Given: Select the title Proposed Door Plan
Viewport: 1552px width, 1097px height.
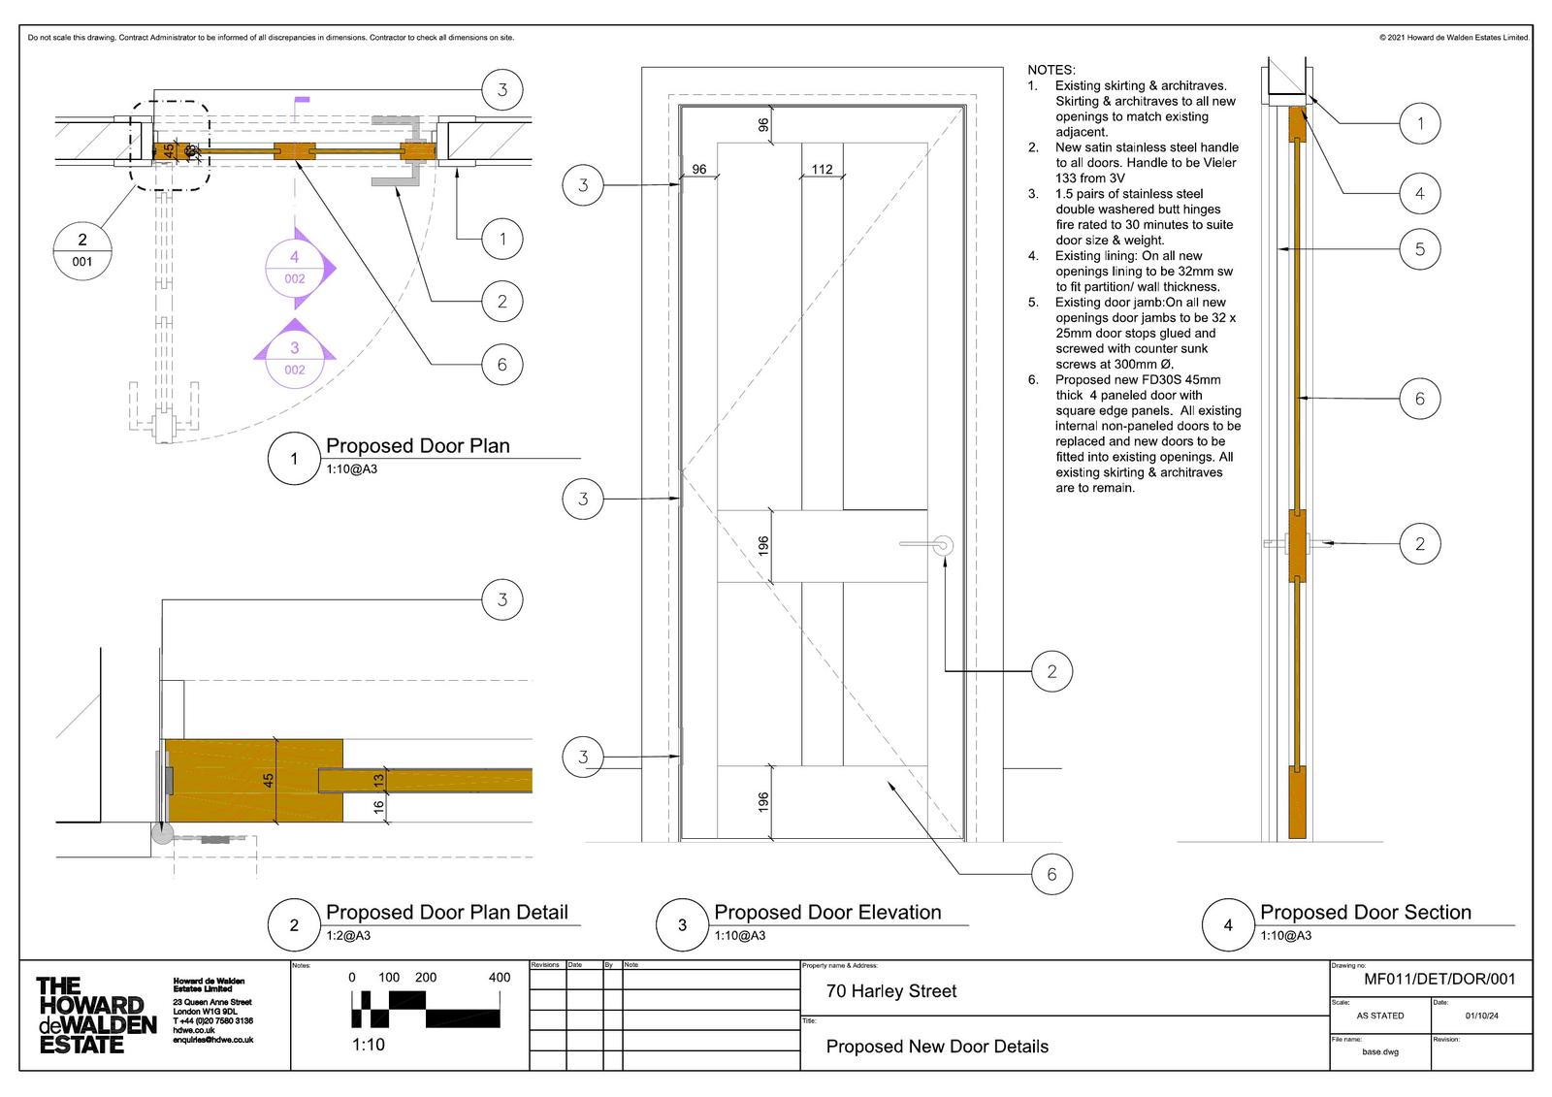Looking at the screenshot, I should point(417,446).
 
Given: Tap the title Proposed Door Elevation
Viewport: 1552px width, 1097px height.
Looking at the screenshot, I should point(827,913).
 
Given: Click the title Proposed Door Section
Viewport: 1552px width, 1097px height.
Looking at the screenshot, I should point(1365,913).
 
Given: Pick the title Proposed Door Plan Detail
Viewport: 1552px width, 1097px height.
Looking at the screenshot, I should point(446,913).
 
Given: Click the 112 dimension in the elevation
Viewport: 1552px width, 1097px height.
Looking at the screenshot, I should point(822,169).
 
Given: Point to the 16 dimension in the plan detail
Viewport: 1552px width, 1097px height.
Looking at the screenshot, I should point(379,804).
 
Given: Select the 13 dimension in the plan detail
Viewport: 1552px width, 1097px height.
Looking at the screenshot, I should point(379,779).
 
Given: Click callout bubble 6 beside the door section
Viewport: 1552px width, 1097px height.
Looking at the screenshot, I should point(1420,399).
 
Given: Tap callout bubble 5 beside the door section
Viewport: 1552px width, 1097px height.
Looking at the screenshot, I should point(1420,249).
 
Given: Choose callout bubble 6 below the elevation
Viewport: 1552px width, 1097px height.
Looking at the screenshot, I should point(1051,875).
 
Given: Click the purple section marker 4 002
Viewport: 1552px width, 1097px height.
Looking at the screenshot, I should point(295,268).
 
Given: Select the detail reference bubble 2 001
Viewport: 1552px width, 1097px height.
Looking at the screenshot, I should point(82,249).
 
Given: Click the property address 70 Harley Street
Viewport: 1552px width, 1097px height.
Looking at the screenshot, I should point(890,991).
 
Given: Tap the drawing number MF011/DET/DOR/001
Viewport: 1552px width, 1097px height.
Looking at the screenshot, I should point(1439,980).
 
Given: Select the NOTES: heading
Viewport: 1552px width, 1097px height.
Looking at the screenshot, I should point(1051,70).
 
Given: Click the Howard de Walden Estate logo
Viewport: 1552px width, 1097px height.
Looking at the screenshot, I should point(95,1016).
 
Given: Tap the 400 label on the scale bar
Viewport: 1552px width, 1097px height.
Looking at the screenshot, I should point(499,978).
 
